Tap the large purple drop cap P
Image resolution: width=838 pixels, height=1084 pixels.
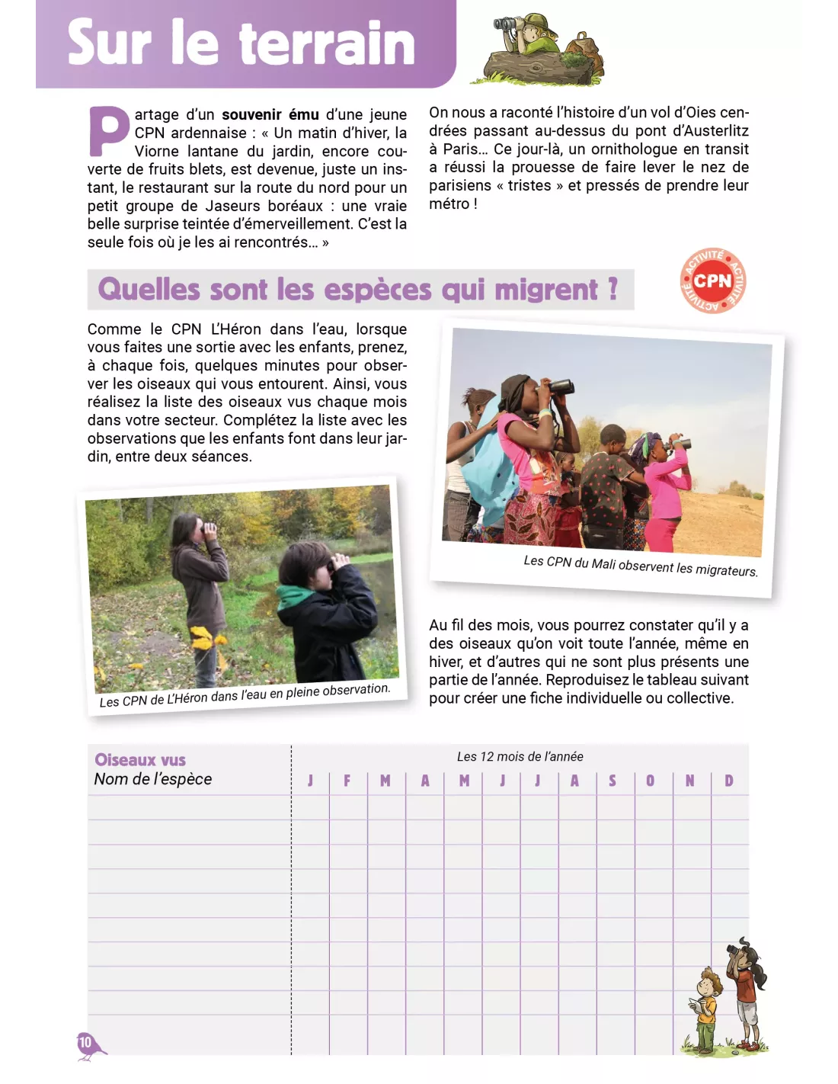click(109, 131)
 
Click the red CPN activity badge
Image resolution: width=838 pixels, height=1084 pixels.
click(712, 281)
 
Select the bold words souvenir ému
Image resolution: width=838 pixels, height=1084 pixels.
click(270, 115)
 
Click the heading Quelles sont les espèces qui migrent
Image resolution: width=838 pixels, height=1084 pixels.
click(357, 290)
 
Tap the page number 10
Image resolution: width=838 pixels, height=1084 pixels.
click(85, 1042)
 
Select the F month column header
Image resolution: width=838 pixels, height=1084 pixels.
click(347, 781)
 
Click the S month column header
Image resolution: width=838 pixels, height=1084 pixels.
click(613, 781)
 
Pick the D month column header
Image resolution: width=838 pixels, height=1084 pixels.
click(729, 781)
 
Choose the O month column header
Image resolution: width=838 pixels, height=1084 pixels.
click(650, 781)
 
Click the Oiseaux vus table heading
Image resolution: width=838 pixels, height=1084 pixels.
click(140, 760)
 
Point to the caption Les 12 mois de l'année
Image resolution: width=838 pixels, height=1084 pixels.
click(520, 756)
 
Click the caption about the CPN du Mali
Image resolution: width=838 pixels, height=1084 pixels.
click(640, 566)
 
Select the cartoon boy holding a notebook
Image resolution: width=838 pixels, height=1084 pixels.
click(707, 1006)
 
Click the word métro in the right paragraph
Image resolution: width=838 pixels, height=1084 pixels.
click(449, 204)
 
